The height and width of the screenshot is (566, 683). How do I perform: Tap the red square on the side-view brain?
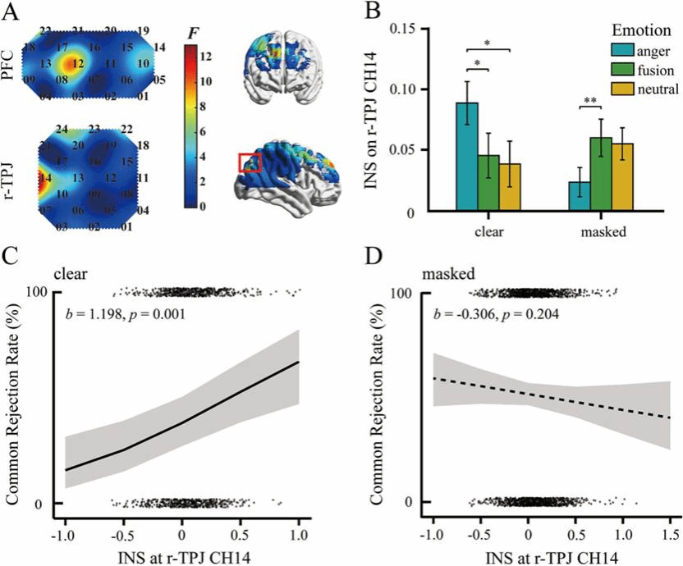tap(250, 162)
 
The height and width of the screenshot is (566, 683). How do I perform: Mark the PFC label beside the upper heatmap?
tap(9, 67)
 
